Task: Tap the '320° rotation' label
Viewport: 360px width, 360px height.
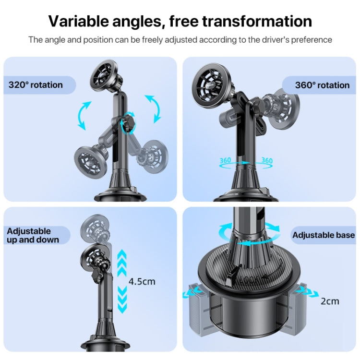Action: (x=36, y=85)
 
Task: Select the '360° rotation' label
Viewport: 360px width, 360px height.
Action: (x=322, y=85)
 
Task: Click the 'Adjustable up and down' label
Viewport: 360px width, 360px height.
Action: (x=33, y=235)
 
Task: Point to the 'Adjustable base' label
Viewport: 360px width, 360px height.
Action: (x=324, y=235)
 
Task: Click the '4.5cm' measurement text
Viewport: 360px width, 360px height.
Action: (x=142, y=281)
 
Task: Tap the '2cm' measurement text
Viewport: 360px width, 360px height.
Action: (x=330, y=301)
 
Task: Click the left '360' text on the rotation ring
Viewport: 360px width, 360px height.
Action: (x=226, y=161)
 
